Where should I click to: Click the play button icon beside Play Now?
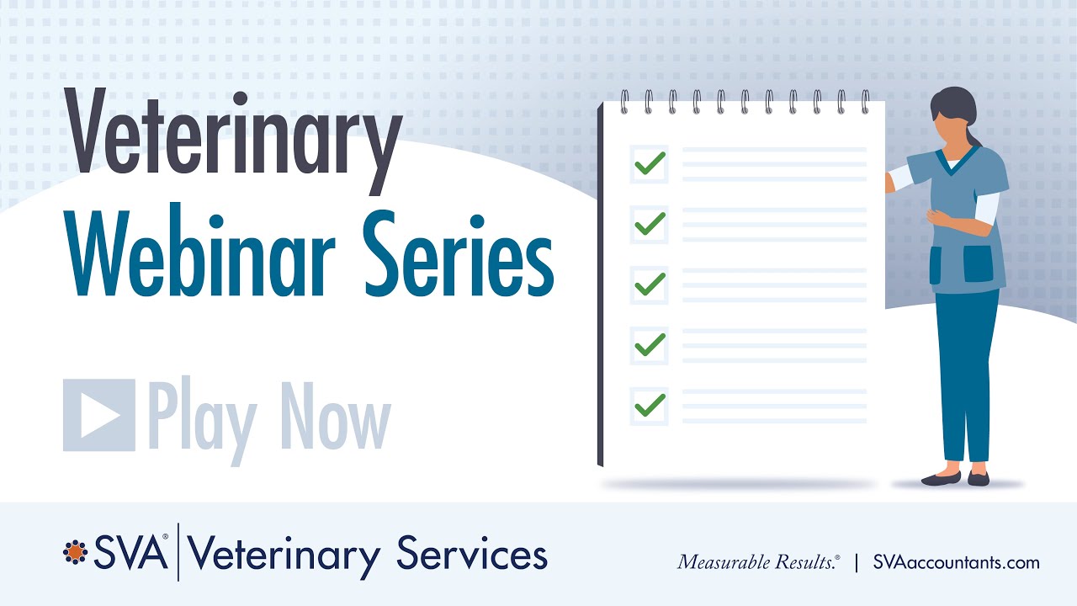pos(99,415)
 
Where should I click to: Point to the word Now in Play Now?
pos(336,415)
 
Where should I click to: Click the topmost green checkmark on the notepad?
pos(649,163)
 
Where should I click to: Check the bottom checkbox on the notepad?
pos(649,406)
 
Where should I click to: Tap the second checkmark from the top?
pos(649,224)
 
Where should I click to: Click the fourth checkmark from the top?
pos(649,345)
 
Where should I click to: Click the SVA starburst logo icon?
pos(76,552)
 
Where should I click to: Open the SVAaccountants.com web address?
pos(956,562)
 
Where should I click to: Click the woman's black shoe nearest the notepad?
pos(940,479)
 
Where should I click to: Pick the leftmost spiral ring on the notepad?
pos(624,102)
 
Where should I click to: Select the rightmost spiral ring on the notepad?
pos(865,102)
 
